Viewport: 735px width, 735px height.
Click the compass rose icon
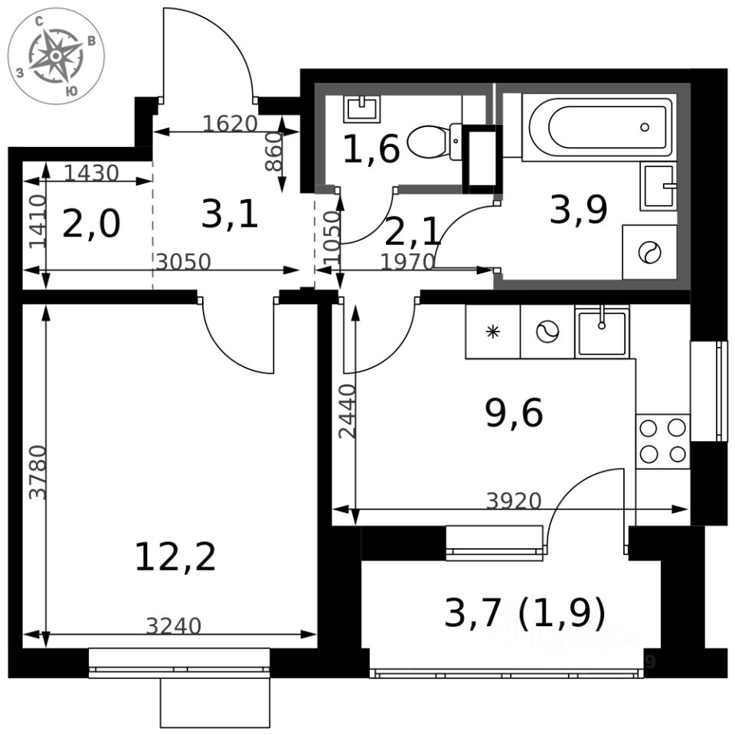56,56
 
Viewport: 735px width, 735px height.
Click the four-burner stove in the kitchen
663,441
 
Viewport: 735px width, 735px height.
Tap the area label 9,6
514,414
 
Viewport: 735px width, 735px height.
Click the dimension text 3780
38,472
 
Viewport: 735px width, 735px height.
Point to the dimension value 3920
514,501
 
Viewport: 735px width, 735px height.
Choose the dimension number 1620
230,122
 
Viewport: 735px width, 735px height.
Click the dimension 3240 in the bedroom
174,626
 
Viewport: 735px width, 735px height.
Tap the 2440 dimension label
348,410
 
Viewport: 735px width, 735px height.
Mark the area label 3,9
579,209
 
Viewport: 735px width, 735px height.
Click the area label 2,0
91,225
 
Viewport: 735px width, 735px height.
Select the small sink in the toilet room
361,108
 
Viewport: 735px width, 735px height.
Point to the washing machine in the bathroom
649,252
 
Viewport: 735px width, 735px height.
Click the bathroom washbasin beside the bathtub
658,186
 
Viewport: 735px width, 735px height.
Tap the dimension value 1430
91,174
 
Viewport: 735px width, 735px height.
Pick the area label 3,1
230,215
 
